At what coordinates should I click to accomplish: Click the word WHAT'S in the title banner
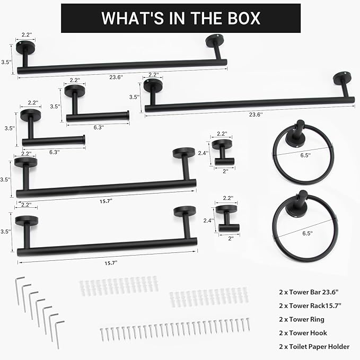point(133,18)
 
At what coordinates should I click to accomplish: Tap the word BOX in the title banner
point(244,18)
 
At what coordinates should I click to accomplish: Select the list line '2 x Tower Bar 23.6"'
point(309,292)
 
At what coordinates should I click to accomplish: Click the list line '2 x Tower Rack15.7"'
point(310,305)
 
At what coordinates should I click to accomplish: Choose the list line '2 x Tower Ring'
point(302,319)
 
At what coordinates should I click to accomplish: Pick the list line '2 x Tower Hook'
point(303,333)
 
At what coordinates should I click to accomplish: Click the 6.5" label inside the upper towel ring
point(305,155)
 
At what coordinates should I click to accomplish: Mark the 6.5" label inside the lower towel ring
point(307,233)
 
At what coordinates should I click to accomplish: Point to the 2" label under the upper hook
point(225,171)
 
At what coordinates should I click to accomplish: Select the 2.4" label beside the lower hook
point(208,221)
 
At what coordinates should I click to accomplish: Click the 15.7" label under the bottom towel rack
point(111,263)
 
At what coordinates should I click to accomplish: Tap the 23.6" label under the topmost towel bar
point(116,77)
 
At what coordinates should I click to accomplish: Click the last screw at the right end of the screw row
point(248,324)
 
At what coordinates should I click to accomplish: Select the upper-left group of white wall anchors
point(119,286)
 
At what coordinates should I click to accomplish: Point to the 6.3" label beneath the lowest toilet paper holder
point(55,152)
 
